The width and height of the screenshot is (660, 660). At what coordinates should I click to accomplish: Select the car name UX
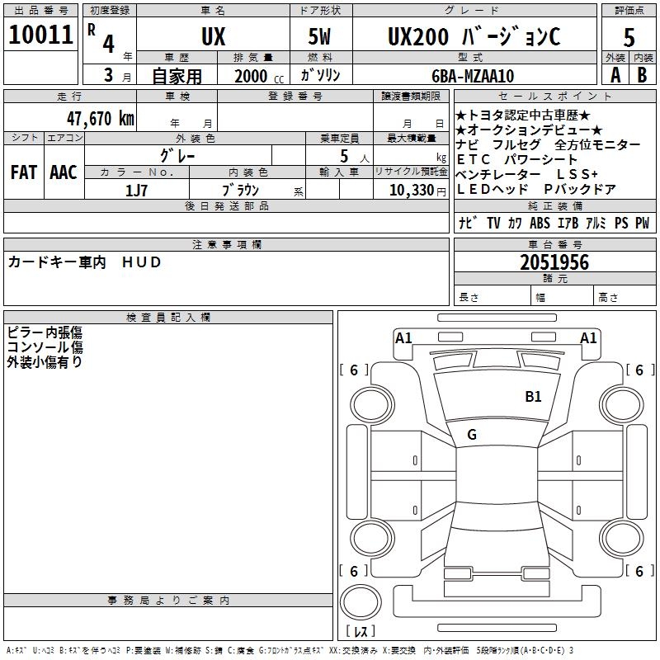(212, 36)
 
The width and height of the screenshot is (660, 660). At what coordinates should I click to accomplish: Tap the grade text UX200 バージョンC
(474, 36)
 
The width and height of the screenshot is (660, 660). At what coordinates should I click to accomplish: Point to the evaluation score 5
(629, 38)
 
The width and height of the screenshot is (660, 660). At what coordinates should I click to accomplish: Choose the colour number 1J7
(136, 190)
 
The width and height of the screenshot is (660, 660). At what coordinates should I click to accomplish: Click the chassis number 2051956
(554, 262)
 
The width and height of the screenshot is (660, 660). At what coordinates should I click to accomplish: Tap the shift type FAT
(24, 172)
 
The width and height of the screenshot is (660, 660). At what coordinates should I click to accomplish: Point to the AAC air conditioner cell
(64, 172)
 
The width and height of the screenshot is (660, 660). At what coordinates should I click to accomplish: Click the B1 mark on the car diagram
(533, 397)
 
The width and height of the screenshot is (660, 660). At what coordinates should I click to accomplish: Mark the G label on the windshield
(471, 435)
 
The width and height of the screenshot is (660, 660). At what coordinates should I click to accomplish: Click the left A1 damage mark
(403, 337)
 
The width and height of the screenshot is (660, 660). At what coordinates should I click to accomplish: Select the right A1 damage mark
(588, 337)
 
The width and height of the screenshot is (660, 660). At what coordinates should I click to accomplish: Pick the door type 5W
(321, 36)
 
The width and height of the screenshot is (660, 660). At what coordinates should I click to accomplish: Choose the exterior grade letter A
(615, 75)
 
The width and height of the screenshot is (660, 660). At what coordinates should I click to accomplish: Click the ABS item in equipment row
(540, 223)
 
